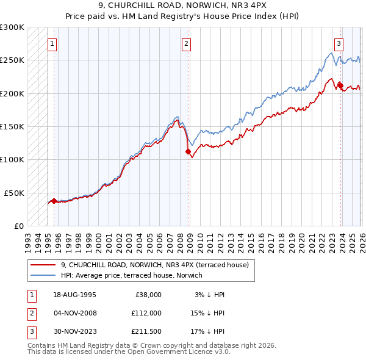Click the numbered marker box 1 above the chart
[x=53, y=43]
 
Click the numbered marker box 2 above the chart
[x=185, y=43]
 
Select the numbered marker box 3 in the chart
[x=338, y=43]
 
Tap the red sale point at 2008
[x=188, y=152]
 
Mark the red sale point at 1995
[x=54, y=201]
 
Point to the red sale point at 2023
[x=340, y=85]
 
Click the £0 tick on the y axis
[x=18, y=226]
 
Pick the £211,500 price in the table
[x=146, y=332]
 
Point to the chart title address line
[x=183, y=7]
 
